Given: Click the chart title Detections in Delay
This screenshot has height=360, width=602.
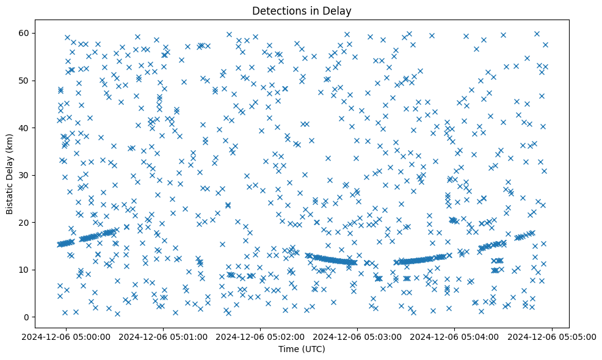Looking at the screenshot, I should click(302, 10).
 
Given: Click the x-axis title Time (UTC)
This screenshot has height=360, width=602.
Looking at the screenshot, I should click(302, 349).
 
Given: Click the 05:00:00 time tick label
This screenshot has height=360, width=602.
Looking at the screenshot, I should click(67, 336).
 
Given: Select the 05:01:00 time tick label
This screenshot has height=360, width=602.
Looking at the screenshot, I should click(164, 336).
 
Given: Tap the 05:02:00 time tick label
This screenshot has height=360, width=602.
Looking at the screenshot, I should click(261, 336).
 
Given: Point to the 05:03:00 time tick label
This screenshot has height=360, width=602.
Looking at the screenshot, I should click(358, 336).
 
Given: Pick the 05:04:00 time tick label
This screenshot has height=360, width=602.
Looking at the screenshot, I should click(455, 336).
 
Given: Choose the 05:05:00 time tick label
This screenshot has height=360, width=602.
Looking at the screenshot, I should click(552, 336).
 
